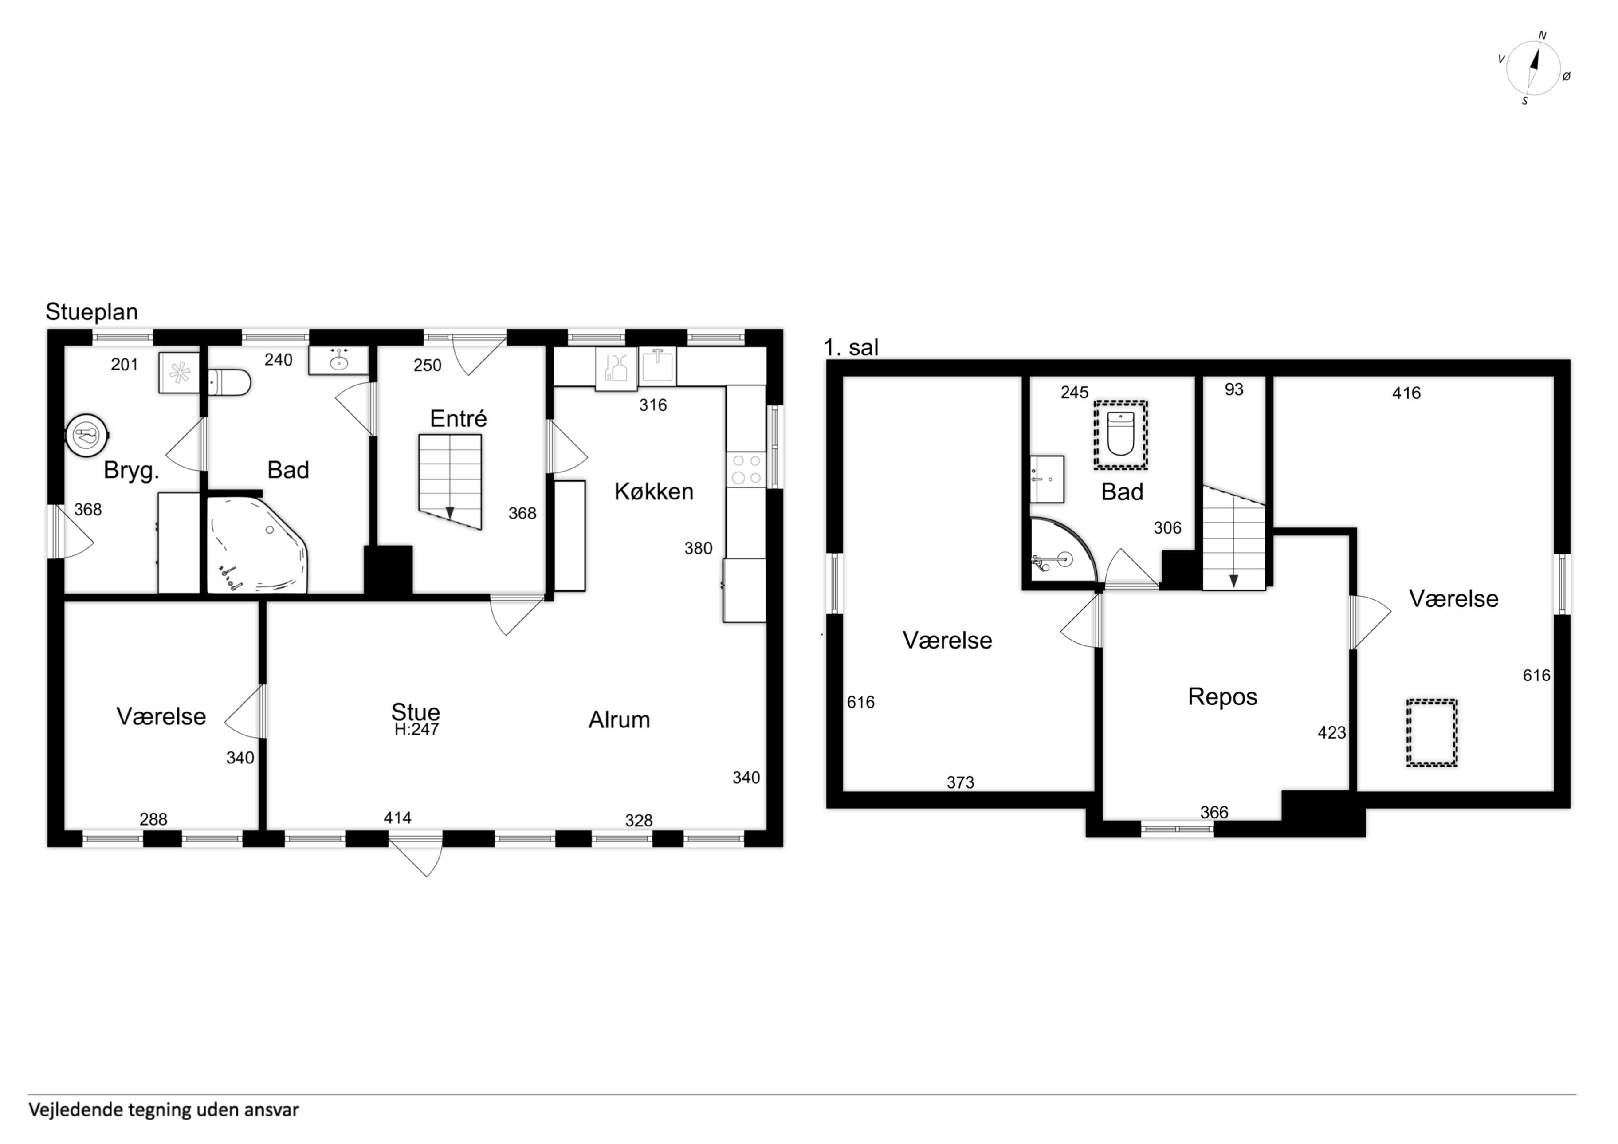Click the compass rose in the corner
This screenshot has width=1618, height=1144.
click(1533, 68)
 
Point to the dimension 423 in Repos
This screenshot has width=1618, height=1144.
click(1332, 733)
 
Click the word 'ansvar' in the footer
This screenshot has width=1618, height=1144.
click(272, 1110)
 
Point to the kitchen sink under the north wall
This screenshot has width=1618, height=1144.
click(657, 366)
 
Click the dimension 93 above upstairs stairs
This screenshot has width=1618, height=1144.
click(1234, 390)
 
